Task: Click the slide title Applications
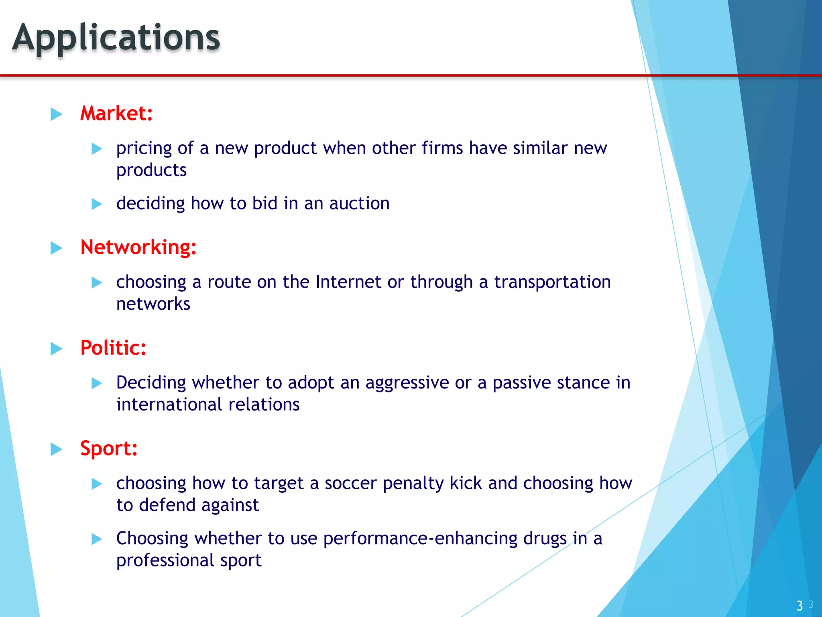(116, 38)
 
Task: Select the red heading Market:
(116, 113)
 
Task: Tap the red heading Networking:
(138, 247)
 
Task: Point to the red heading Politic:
(113, 348)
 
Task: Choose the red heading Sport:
(109, 448)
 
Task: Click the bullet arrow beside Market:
(56, 114)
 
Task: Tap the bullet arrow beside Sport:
(56, 449)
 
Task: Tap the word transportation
(552, 282)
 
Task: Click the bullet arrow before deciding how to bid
(97, 204)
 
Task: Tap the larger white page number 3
(800, 605)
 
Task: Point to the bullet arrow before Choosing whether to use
(97, 539)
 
